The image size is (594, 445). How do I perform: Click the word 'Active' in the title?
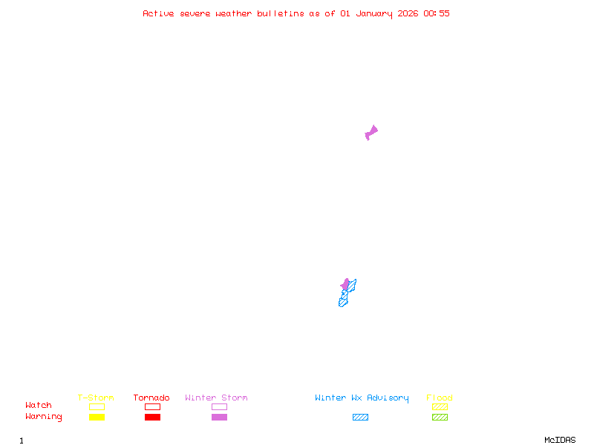click(x=158, y=13)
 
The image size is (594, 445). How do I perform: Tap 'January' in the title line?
click(x=373, y=13)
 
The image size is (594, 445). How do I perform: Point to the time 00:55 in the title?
click(x=437, y=13)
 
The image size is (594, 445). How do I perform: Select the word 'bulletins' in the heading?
click(x=281, y=13)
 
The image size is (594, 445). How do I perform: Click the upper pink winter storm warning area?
click(x=371, y=133)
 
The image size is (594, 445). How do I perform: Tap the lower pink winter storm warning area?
click(x=345, y=284)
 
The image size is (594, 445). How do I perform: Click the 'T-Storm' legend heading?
click(x=96, y=398)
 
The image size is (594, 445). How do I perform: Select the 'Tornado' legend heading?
click(x=151, y=398)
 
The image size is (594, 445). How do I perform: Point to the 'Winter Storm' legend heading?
click(x=216, y=398)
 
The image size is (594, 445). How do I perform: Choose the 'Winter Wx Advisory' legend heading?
click(x=362, y=398)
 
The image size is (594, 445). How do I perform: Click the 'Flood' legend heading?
click(x=440, y=398)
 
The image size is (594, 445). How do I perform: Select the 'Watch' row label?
click(x=39, y=406)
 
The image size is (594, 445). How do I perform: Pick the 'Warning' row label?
click(x=44, y=417)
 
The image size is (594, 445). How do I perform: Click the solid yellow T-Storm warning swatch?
click(x=97, y=417)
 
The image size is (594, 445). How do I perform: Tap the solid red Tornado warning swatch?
click(x=152, y=417)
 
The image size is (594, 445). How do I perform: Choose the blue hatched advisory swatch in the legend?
click(x=360, y=417)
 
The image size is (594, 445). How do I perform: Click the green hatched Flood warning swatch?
click(x=440, y=417)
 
